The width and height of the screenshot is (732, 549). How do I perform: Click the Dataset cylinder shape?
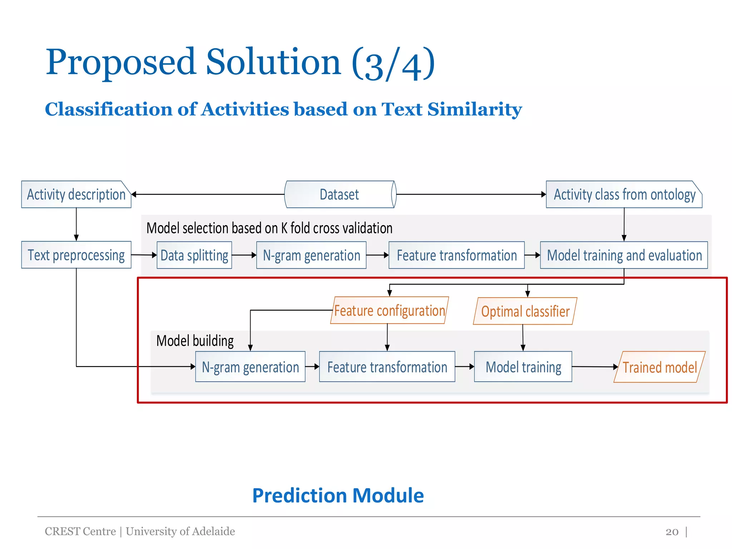pyautogui.click(x=340, y=194)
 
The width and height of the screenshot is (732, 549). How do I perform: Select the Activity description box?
pyautogui.click(x=76, y=194)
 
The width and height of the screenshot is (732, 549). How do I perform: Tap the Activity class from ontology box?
pyautogui.click(x=624, y=194)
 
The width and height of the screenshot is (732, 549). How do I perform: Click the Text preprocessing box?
pyautogui.click(x=76, y=255)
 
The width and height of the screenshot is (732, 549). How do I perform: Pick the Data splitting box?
pyautogui.click(x=194, y=255)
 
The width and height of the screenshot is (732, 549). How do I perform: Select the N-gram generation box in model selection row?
pyautogui.click(x=311, y=255)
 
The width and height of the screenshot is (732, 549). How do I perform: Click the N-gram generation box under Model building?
pyautogui.click(x=250, y=367)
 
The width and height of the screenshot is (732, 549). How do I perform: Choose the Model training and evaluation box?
pyautogui.click(x=624, y=255)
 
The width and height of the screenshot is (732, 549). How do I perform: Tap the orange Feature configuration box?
pyautogui.click(x=389, y=310)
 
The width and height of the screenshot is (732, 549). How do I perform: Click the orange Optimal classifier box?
pyautogui.click(x=525, y=311)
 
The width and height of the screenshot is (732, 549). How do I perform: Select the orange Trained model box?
pyautogui.click(x=659, y=367)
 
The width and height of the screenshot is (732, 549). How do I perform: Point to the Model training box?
pyautogui.click(x=523, y=367)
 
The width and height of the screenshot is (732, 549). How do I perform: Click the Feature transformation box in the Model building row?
pyautogui.click(x=387, y=367)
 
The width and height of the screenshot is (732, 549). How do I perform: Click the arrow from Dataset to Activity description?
pyautogui.click(x=207, y=194)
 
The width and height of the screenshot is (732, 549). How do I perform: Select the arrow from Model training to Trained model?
pyautogui.click(x=593, y=367)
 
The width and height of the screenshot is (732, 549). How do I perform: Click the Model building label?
pyautogui.click(x=195, y=341)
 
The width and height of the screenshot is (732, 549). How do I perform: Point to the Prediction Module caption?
pyautogui.click(x=338, y=495)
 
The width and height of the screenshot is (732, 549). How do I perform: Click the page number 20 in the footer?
pyautogui.click(x=672, y=531)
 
